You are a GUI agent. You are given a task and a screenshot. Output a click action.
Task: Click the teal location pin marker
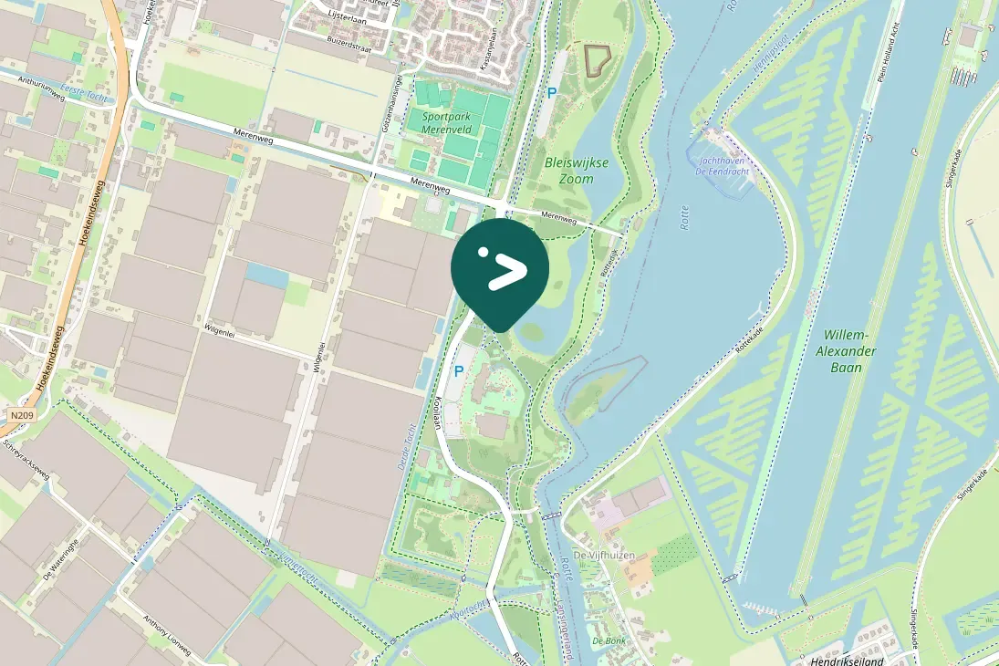click(500, 270)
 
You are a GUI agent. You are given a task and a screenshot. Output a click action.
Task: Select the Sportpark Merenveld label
click(443, 123)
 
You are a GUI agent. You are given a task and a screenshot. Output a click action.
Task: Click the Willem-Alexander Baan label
click(848, 351)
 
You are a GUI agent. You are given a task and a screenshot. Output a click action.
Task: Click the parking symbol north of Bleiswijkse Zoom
click(551, 92)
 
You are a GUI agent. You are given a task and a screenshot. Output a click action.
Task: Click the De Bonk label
click(609, 640)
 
